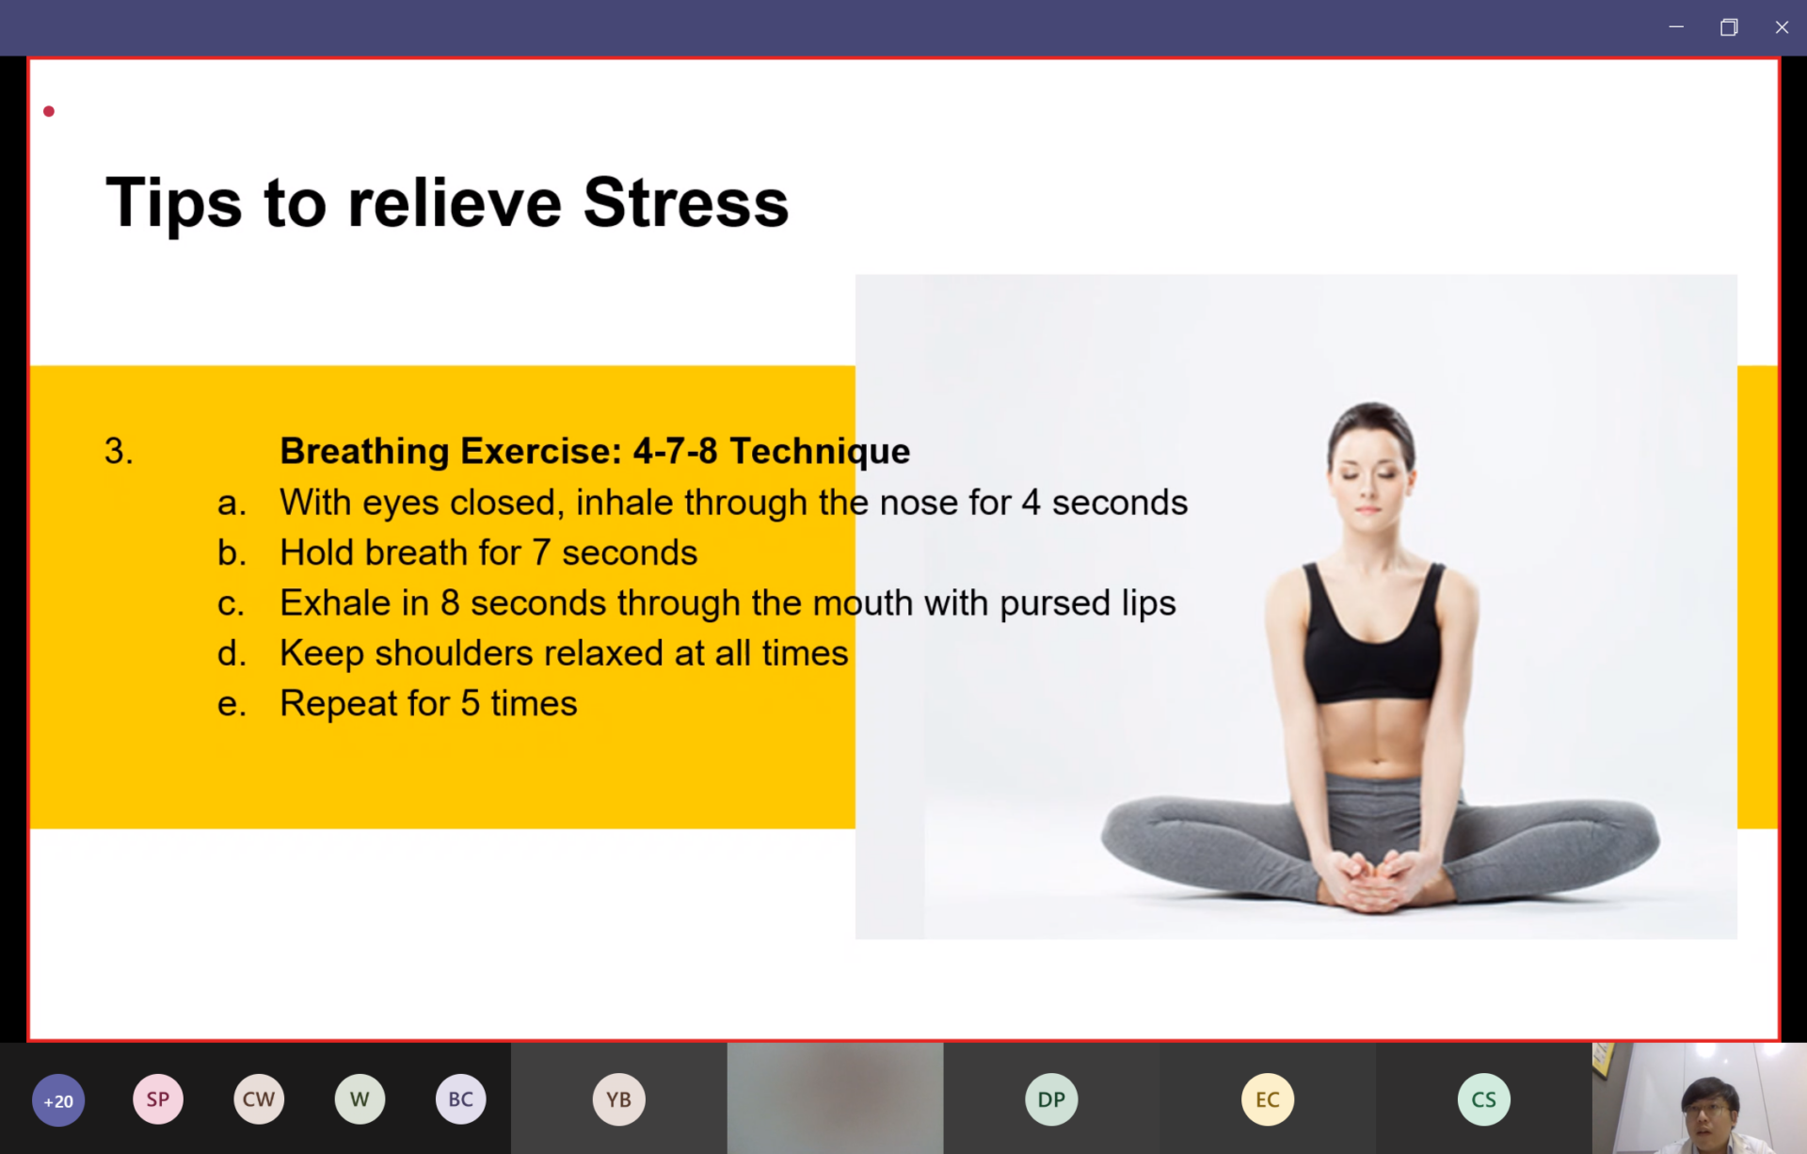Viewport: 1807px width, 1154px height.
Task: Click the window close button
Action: point(1782,27)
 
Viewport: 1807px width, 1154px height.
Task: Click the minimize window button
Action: point(1676,27)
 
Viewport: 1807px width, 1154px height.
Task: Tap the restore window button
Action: point(1729,27)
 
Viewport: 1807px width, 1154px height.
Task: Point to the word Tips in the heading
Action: point(174,203)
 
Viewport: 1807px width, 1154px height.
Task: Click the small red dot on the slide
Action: point(49,111)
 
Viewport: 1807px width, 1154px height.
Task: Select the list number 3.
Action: point(119,451)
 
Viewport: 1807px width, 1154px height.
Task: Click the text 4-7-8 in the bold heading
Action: point(675,451)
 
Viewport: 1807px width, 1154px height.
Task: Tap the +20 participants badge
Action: point(58,1100)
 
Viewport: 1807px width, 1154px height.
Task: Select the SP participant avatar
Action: point(158,1098)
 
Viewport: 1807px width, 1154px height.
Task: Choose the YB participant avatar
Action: point(619,1098)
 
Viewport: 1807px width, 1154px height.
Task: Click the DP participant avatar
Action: point(1051,1098)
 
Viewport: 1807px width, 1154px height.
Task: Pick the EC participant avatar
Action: point(1268,1098)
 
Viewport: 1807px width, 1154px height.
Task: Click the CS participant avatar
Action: point(1484,1098)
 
